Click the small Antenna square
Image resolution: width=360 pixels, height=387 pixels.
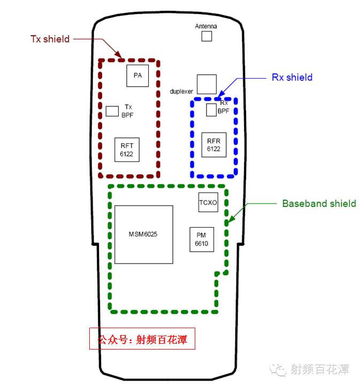pyautogui.click(x=206, y=36)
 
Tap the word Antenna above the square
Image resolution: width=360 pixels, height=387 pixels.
pyautogui.click(x=206, y=26)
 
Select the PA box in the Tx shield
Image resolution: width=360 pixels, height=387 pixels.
pyautogui.click(x=137, y=75)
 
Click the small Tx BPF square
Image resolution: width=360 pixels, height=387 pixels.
pyautogui.click(x=112, y=111)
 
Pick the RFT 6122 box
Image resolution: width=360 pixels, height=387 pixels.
pyautogui.click(x=127, y=150)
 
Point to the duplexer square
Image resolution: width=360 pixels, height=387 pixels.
pyautogui.click(x=206, y=84)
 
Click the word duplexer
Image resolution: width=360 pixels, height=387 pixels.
pyautogui.click(x=181, y=91)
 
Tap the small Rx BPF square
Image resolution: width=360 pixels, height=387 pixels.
pyautogui.click(x=211, y=110)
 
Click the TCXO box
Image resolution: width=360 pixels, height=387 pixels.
pyautogui.click(x=208, y=203)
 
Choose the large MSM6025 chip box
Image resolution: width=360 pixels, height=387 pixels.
pyautogui.click(x=143, y=234)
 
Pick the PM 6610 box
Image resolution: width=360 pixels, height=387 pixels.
pyautogui.click(x=202, y=239)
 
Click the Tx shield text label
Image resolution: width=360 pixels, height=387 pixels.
pyautogui.click(x=50, y=38)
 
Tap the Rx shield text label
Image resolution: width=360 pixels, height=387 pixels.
pyautogui.click(x=292, y=77)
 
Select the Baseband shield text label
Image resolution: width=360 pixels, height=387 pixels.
pyautogui.click(x=319, y=203)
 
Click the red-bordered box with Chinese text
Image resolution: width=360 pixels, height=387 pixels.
pyautogui.click(x=142, y=339)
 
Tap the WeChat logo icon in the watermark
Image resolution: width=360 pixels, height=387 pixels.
pyautogui.click(x=279, y=369)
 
